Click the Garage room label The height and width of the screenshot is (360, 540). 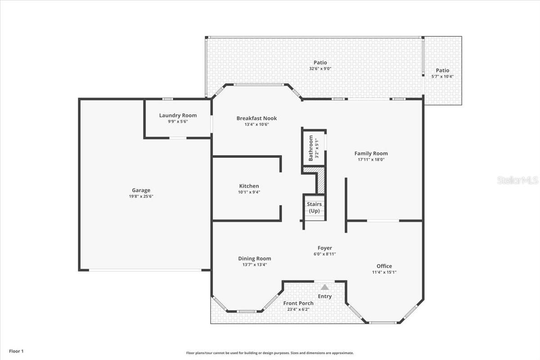coord(141,190)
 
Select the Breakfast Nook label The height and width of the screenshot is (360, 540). coord(256,118)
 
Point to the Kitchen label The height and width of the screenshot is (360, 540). coord(249,186)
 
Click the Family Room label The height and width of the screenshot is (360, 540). coord(371,153)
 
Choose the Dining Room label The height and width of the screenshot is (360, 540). coord(254,259)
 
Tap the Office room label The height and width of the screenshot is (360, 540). coord(384,266)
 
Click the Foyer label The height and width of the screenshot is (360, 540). coord(324,248)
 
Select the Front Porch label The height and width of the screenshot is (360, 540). coord(298,303)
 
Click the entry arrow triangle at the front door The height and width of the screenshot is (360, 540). coord(325,287)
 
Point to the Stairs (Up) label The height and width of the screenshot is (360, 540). coord(314,207)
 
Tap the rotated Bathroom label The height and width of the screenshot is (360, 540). coord(311,148)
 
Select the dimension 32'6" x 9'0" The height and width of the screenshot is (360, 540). coord(320,69)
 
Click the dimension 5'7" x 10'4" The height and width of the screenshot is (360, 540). coord(442,76)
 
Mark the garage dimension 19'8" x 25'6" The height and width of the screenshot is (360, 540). coord(141,196)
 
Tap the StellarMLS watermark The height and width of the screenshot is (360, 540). coord(517,180)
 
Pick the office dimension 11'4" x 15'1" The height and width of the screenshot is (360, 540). coord(384,272)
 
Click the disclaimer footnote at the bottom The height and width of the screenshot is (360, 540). coord(270,353)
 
